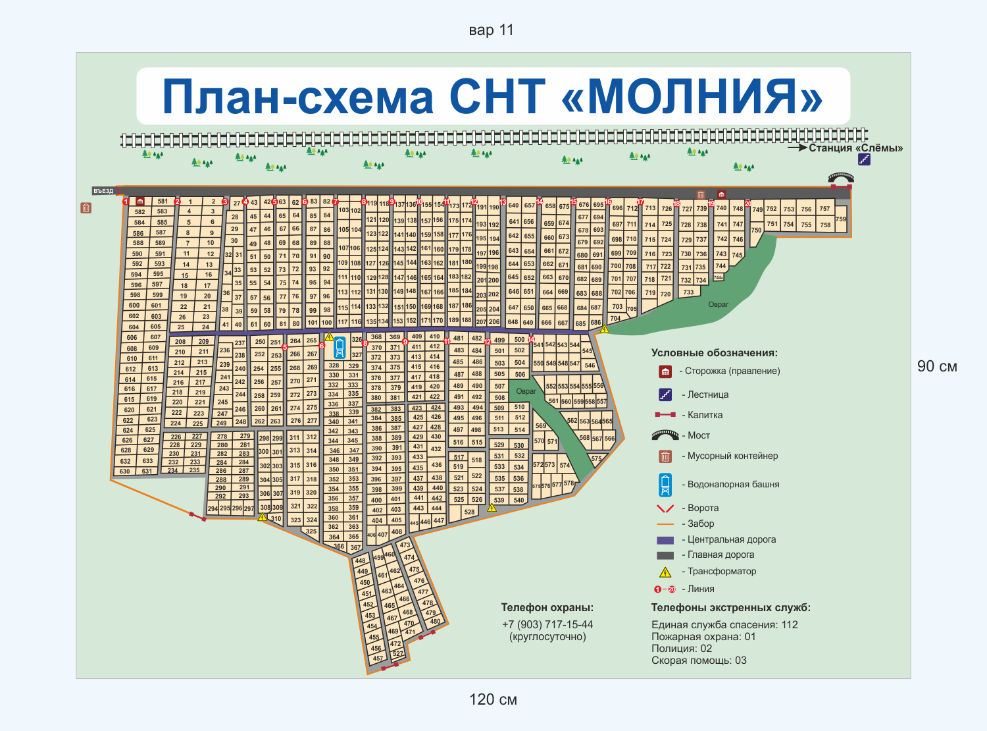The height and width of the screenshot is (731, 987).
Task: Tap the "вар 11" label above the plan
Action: (x=491, y=30)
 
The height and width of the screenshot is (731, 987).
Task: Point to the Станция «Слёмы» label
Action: (x=855, y=148)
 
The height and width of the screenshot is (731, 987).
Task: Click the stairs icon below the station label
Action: (x=864, y=159)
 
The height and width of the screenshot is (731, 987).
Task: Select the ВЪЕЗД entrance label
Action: (x=103, y=191)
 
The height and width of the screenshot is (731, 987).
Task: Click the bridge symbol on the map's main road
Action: (x=840, y=178)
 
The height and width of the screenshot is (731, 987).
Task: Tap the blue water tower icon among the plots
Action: (x=340, y=347)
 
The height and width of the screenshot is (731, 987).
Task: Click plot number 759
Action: (x=841, y=219)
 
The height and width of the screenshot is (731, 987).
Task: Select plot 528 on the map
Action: (x=469, y=512)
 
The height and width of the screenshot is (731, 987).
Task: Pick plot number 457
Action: (x=378, y=658)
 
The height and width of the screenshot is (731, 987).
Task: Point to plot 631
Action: (x=147, y=471)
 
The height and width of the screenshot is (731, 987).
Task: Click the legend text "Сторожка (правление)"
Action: (x=732, y=371)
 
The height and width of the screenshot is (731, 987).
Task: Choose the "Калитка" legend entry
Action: (x=705, y=415)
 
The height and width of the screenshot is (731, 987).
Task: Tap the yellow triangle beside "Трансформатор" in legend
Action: (x=665, y=572)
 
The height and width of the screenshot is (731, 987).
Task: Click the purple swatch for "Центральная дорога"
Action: (x=665, y=539)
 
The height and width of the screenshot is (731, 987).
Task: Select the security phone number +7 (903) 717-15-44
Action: (x=547, y=624)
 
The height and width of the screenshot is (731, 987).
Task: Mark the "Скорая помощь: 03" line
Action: (x=699, y=661)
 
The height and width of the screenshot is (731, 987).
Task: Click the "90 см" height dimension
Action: (x=937, y=367)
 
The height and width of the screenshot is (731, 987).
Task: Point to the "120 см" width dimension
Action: (x=493, y=699)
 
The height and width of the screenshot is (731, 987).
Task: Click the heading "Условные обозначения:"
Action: (x=715, y=353)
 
